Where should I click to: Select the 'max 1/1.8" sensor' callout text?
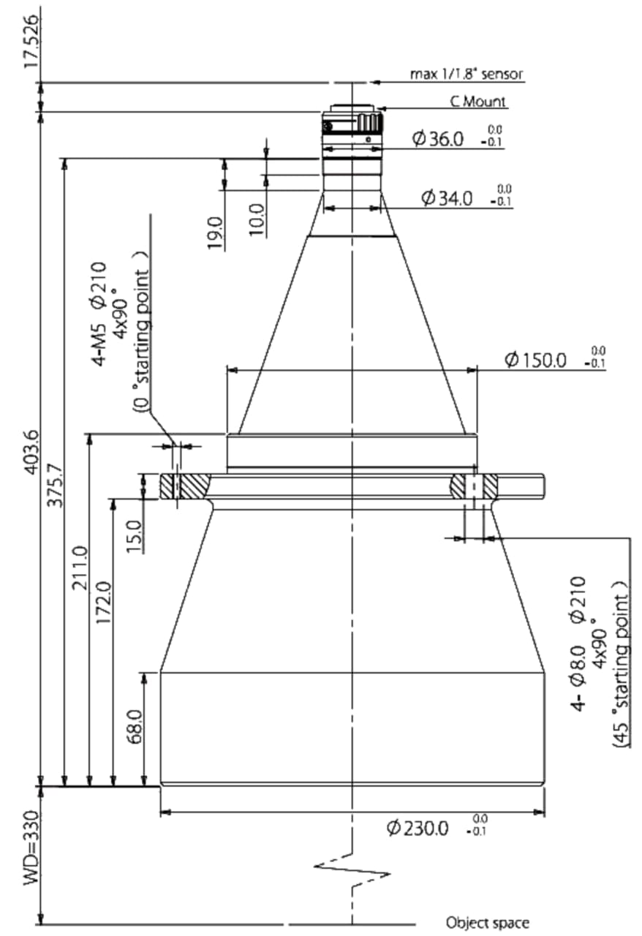(466, 74)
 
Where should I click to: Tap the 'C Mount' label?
(477, 101)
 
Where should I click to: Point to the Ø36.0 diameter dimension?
(438, 139)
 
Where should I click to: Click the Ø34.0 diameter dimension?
(447, 197)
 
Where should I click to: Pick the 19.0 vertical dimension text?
(216, 233)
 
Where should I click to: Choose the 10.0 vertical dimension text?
(258, 220)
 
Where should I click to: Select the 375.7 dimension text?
(56, 485)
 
